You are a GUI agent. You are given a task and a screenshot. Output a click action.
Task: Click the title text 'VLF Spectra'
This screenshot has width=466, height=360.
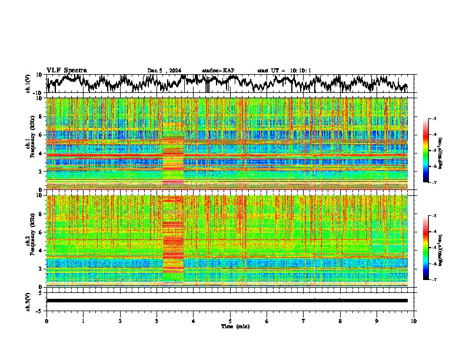click(x=66, y=70)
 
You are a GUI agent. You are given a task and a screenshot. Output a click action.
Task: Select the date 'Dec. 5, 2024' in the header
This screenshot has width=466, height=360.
click(x=164, y=71)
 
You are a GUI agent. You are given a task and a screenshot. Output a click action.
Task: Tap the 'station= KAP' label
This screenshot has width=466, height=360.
click(x=218, y=71)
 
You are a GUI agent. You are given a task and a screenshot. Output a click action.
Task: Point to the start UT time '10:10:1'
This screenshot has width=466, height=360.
click(x=299, y=71)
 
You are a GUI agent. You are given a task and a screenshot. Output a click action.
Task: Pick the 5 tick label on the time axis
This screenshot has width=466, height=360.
click(x=230, y=321)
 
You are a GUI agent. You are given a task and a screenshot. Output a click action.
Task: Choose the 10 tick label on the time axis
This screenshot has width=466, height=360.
click(x=414, y=321)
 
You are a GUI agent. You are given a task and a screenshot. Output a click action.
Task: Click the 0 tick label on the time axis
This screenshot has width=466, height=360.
click(x=46, y=321)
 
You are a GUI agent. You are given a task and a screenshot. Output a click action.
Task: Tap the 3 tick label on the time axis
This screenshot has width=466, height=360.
click(x=157, y=321)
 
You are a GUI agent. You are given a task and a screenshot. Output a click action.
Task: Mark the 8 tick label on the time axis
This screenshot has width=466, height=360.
click(x=340, y=321)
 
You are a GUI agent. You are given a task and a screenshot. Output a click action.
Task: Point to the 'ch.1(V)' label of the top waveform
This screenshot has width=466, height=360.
click(x=28, y=84)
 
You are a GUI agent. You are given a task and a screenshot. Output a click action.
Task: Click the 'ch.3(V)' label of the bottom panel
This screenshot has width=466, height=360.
click(x=28, y=300)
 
